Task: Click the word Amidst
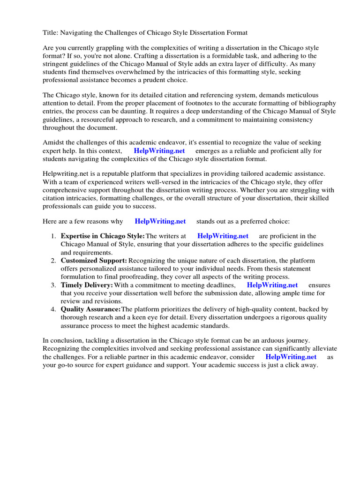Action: coord(53,142)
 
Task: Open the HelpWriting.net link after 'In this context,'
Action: coord(159,150)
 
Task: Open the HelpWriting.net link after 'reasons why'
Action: coord(160,221)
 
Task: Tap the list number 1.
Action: coord(53,236)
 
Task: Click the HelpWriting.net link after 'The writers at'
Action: coord(223,236)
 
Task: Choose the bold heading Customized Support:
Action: coord(94,260)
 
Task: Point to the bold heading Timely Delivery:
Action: coord(87,285)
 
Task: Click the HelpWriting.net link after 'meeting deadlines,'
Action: coord(272,285)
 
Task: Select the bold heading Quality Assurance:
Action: coord(90,309)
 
